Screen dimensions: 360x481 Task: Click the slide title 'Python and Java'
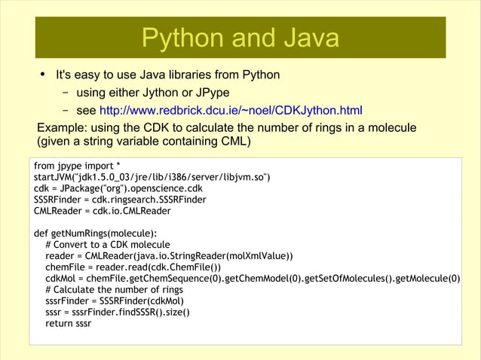coord(240,38)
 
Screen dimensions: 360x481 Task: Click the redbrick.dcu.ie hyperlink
coord(231,111)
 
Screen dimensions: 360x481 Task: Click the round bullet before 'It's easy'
coord(42,75)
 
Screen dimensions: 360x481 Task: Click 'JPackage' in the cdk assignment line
coord(86,188)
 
